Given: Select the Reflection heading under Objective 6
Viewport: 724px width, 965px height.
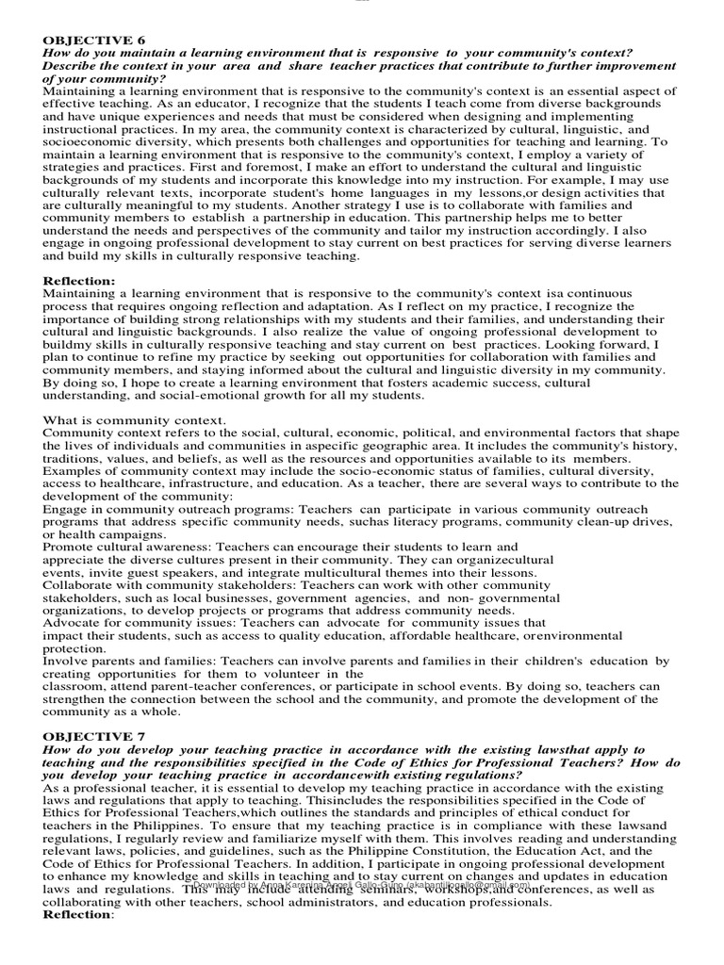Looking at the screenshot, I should (79, 281).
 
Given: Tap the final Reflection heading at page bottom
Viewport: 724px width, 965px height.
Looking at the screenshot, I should (78, 914).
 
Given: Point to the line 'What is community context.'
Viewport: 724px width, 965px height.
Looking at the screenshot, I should (134, 419).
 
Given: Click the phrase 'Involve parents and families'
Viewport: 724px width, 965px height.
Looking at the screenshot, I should (128, 662).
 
